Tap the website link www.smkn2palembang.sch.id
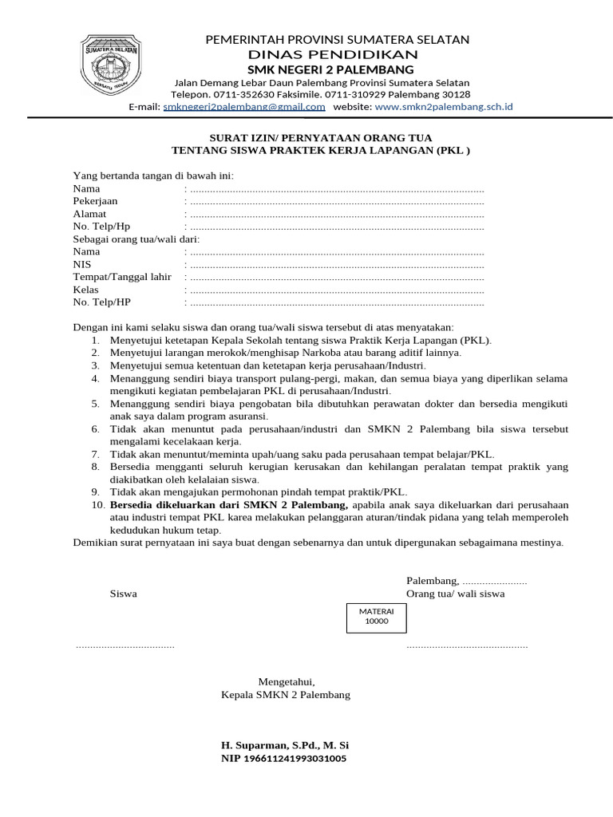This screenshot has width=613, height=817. coord(443,106)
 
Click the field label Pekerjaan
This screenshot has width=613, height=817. coord(96,202)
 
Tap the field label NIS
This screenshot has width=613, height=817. coord(82,264)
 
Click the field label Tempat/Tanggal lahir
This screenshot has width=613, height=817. coord(122,277)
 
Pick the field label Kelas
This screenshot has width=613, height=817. coord(86,290)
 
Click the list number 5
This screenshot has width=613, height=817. coord(94,404)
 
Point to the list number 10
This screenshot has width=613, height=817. coord(97,505)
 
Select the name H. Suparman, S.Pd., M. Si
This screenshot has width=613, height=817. coord(285,745)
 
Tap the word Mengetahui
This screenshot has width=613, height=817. coord(287,681)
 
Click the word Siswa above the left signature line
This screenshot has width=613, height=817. coord(123,594)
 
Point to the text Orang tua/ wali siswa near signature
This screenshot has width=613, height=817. coord(455,594)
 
